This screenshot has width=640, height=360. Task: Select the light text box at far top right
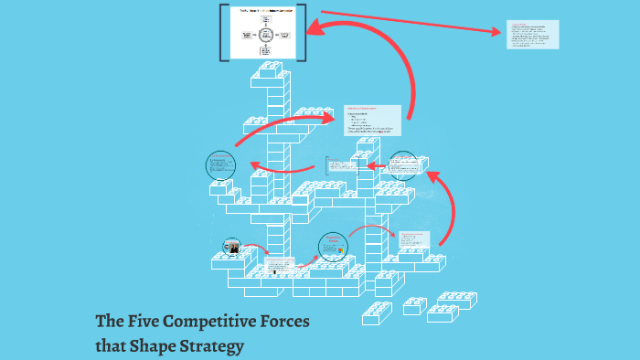(532, 35)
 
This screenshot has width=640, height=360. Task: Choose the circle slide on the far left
(221, 166)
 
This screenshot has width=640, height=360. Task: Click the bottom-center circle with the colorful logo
(333, 248)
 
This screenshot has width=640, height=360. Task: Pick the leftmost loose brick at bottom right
(377, 312)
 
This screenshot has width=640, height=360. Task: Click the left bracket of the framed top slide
(223, 32)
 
